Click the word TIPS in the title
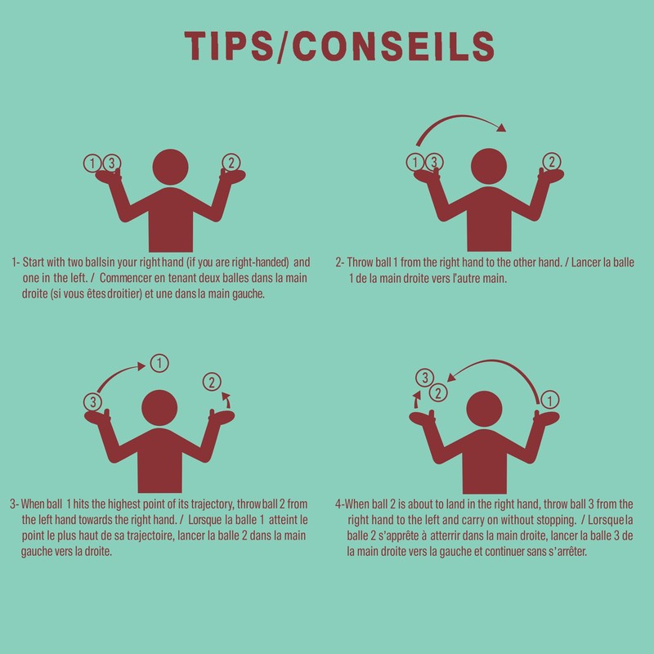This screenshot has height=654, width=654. [x=228, y=46]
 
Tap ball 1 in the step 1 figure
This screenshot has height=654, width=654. [x=92, y=163]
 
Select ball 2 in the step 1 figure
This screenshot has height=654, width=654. [x=231, y=162]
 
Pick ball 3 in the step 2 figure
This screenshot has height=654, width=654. [x=434, y=162]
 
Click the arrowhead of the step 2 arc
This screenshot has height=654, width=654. [x=501, y=128]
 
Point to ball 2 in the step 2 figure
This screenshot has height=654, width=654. [x=552, y=161]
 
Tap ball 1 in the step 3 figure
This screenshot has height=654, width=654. [x=159, y=363]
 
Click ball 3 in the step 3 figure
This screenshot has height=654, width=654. [x=92, y=402]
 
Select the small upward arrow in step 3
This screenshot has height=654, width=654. [x=226, y=400]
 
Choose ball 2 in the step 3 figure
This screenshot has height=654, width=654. [x=212, y=382]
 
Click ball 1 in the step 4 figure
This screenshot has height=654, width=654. [x=549, y=401]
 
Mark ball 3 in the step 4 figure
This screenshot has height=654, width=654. [x=425, y=378]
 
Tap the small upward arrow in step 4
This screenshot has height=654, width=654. [x=416, y=400]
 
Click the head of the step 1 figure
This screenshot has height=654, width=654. [x=170, y=167]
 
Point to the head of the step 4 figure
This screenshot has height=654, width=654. [x=484, y=409]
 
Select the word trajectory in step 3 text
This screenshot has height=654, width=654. [x=213, y=504]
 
